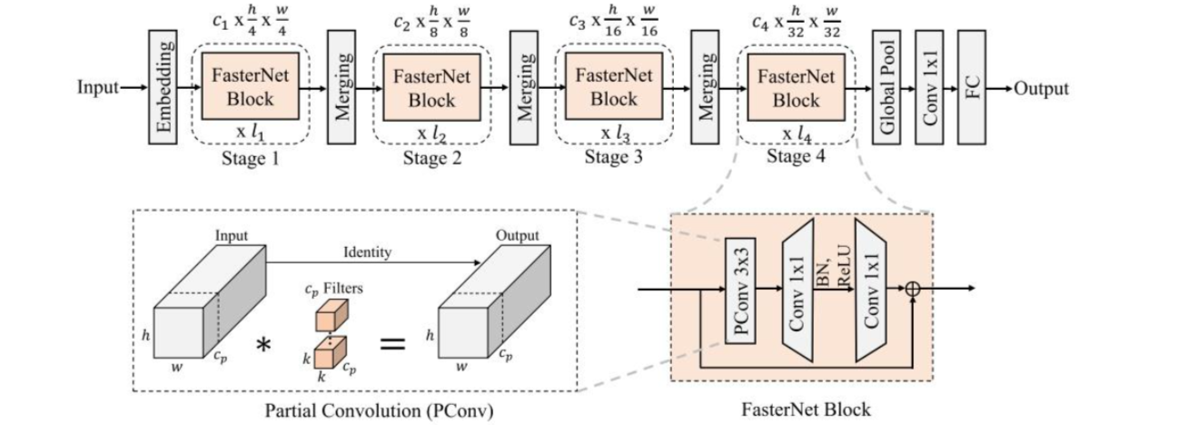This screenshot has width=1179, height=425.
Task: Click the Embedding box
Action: pos(163,87)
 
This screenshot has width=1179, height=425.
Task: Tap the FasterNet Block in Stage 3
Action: pos(613,88)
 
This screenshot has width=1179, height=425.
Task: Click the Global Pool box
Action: pos(886,87)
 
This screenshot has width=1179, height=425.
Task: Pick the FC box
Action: pos(971,87)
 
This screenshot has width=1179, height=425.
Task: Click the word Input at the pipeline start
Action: pos(98,88)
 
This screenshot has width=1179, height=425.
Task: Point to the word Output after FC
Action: pos(1041,88)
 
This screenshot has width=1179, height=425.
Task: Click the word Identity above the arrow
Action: pos(368,251)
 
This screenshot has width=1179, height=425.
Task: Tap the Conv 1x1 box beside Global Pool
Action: pos(928,87)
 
